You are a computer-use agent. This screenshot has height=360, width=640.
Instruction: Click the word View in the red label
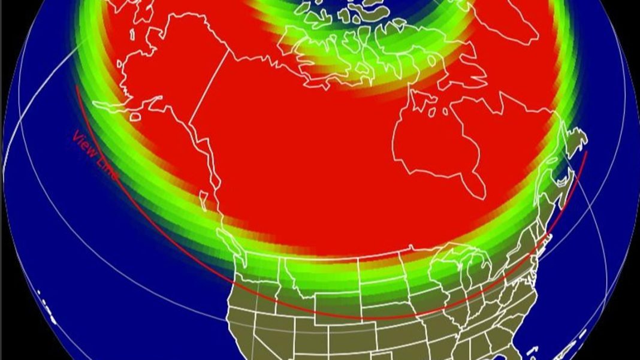[x=84, y=144]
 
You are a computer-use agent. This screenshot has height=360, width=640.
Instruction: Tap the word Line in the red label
[x=106, y=170]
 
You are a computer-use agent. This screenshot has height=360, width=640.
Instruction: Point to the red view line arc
[x=360, y=317]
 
